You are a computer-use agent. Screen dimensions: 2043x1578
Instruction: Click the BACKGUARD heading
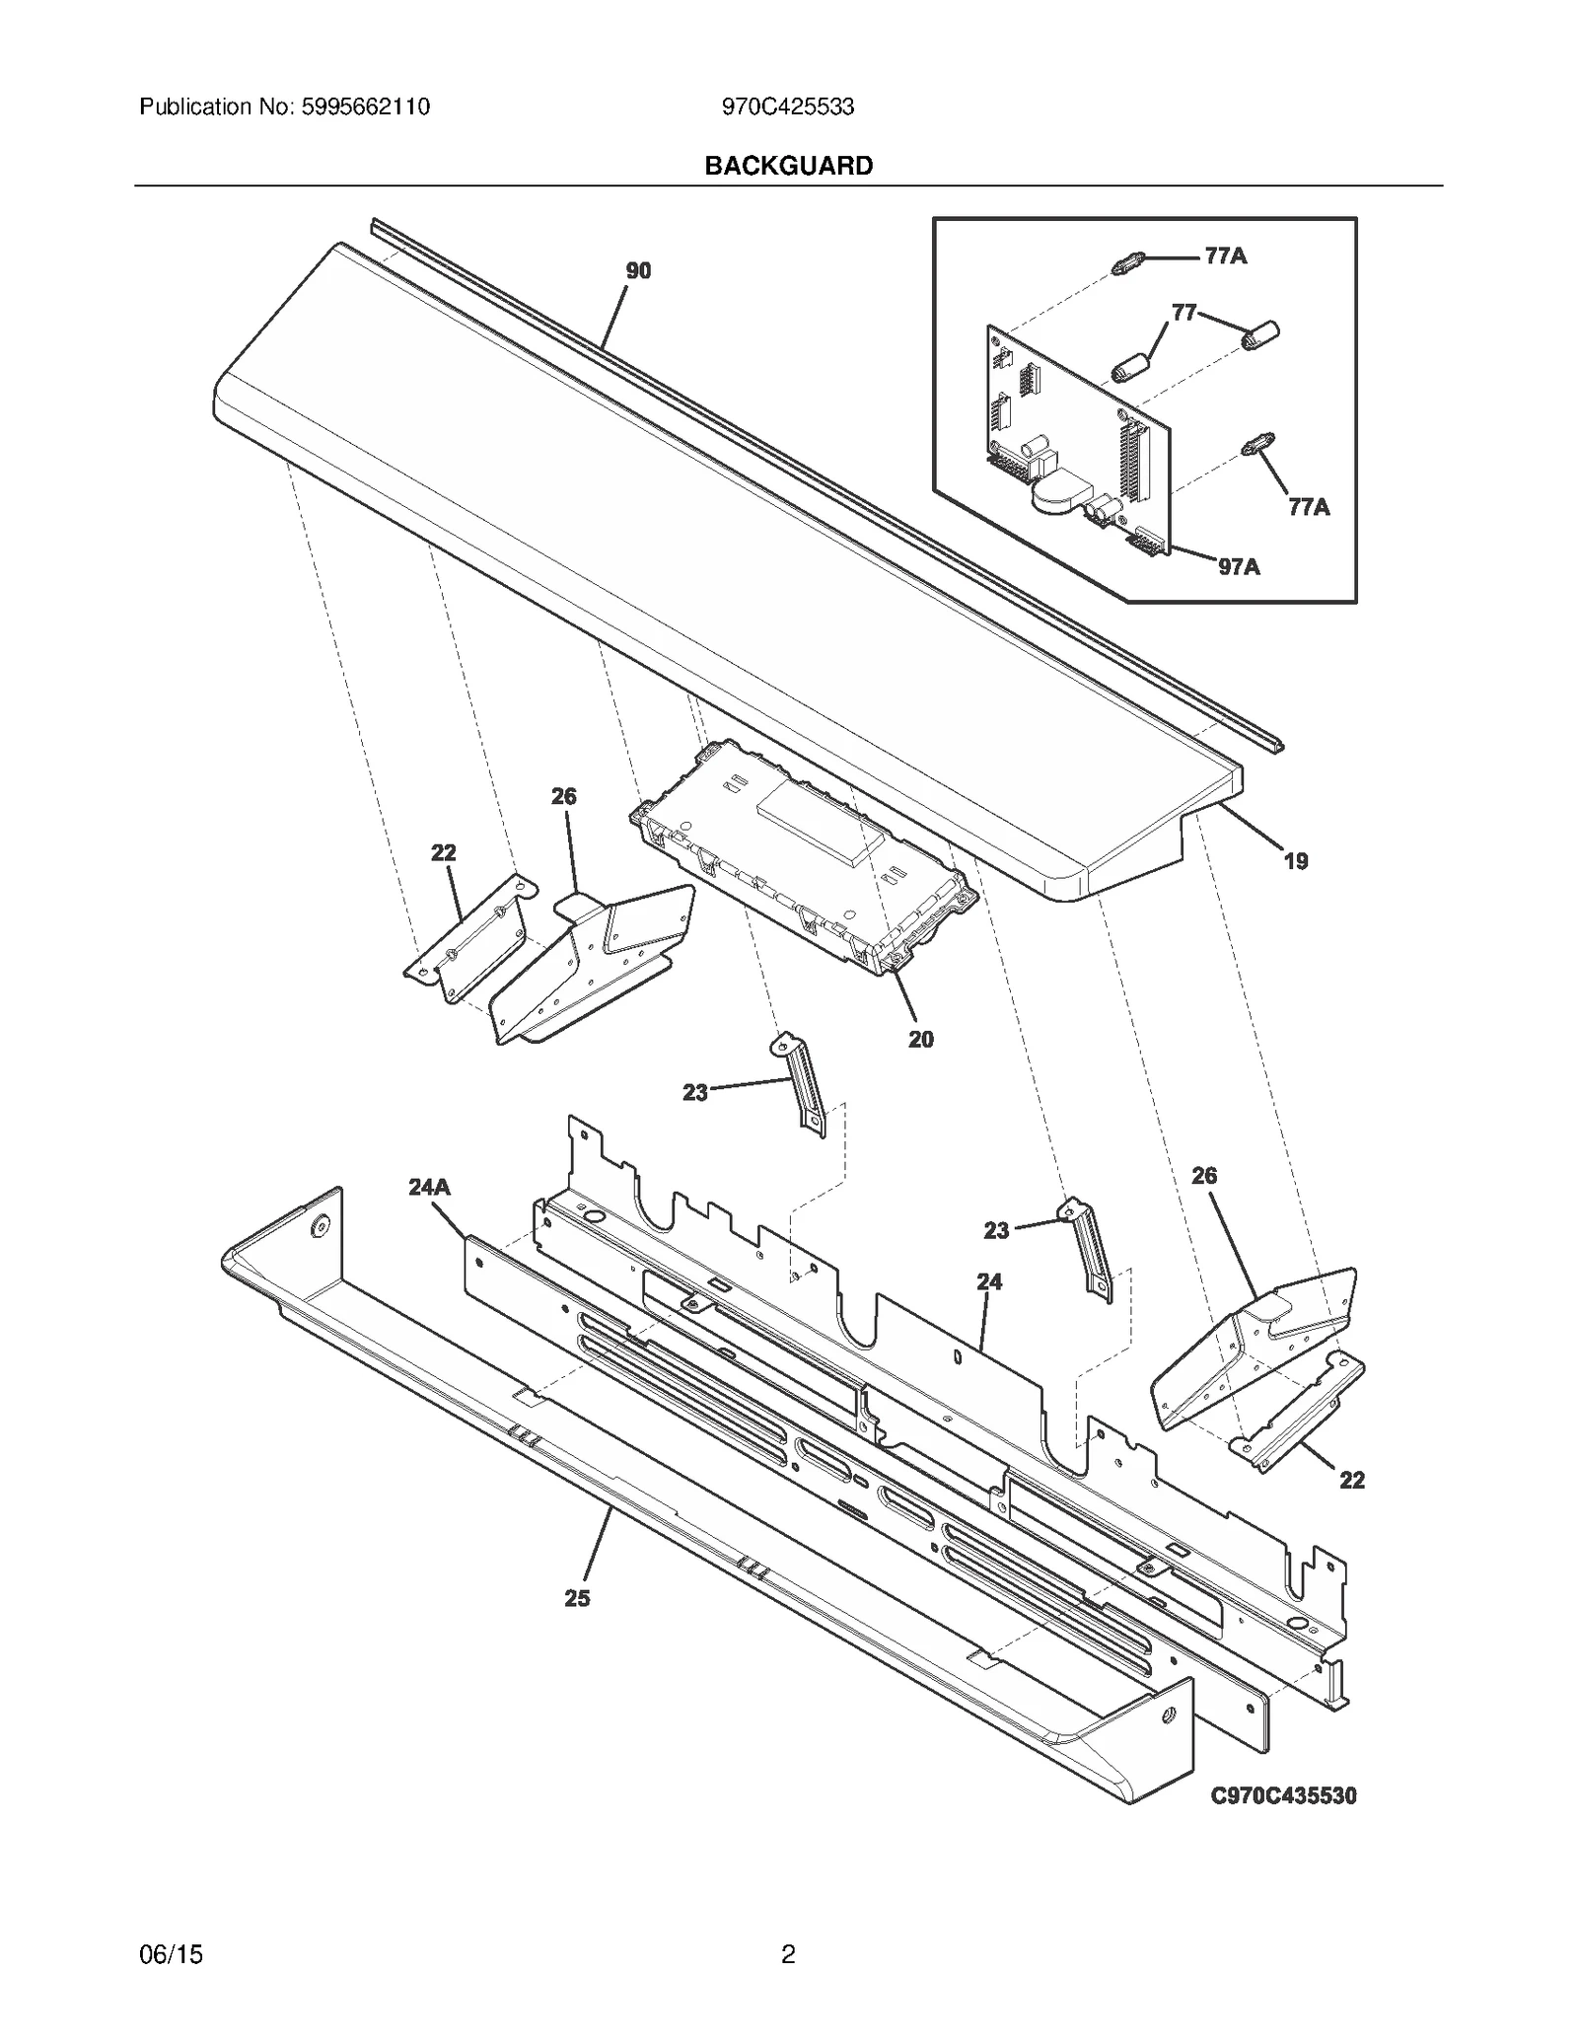click(788, 166)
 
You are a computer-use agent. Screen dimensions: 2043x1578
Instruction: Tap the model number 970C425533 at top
click(787, 107)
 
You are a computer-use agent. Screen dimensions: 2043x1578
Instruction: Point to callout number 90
click(638, 270)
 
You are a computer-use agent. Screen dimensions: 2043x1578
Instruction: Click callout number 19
click(1295, 861)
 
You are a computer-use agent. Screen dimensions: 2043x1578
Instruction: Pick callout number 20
click(920, 1039)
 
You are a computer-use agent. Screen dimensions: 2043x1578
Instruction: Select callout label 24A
click(429, 1188)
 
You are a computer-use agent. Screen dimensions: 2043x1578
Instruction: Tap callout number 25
click(577, 1598)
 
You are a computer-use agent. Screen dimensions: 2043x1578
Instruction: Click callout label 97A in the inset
click(1239, 566)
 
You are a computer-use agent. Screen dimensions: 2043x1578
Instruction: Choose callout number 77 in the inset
click(1183, 313)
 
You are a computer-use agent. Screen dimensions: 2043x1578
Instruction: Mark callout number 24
click(989, 1281)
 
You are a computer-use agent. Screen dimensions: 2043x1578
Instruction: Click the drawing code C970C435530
click(1283, 1795)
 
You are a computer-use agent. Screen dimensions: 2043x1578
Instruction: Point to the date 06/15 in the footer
click(171, 1954)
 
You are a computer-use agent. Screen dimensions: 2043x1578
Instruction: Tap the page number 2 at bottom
click(788, 1954)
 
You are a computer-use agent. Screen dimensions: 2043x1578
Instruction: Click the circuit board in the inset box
click(1075, 434)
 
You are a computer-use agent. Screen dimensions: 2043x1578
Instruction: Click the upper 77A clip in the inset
click(1127, 263)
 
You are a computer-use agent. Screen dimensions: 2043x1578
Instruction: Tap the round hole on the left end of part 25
click(320, 1226)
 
